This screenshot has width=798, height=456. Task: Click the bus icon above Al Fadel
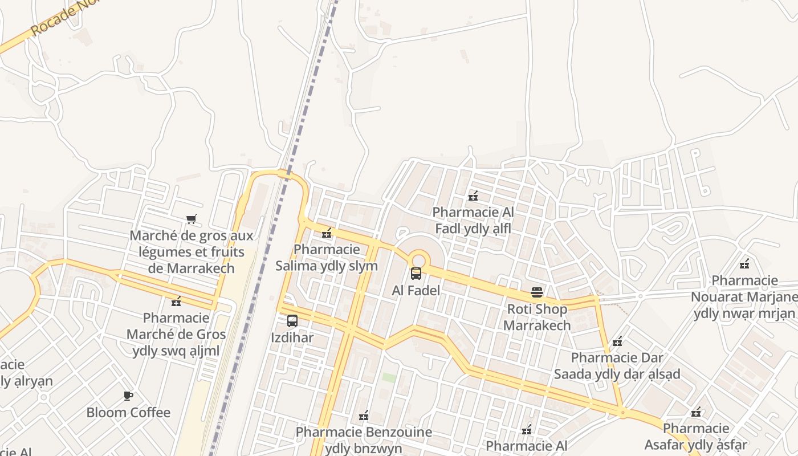[416, 274]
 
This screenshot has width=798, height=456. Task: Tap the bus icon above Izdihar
[292, 321]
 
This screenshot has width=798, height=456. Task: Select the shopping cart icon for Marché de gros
[192, 219]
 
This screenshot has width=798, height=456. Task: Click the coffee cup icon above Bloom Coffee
[128, 396]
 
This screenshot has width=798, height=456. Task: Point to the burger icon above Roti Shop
[537, 292]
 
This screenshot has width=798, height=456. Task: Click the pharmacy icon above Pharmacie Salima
[327, 233]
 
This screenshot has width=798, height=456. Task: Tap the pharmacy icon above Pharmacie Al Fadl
[473, 196]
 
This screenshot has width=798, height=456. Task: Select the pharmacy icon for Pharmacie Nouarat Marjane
[744, 264]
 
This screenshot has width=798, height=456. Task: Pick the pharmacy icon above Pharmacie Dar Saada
[617, 341]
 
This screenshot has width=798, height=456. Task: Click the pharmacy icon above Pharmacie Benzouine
[364, 416]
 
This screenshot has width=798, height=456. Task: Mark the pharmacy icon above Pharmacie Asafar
[696, 412]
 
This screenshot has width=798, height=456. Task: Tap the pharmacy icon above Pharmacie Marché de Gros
[176, 301]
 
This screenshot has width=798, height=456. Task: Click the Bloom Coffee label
[128, 412]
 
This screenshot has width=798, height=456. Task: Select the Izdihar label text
[292, 337]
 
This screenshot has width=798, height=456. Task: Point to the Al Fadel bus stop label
[416, 290]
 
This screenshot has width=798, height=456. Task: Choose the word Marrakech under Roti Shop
[537, 325]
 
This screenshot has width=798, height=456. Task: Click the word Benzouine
[397, 432]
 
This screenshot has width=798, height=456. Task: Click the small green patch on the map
[389, 377]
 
